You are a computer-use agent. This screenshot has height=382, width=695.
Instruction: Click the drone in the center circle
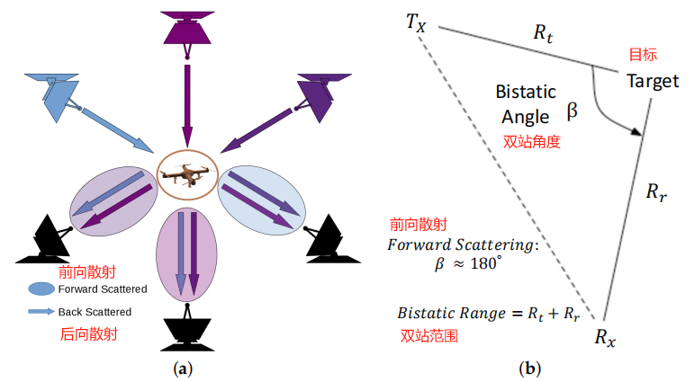click(187, 175)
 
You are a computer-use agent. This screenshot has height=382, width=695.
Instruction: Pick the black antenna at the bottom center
click(187, 328)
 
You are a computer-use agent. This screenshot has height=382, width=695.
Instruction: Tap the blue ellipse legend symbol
click(41, 289)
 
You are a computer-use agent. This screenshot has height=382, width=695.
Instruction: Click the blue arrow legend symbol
click(41, 312)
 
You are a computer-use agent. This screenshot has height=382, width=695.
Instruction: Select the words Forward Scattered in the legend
click(103, 289)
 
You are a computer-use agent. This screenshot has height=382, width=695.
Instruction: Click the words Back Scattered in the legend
click(95, 312)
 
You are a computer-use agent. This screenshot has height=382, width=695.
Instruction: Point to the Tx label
click(416, 22)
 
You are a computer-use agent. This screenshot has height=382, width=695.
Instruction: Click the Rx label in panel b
click(605, 337)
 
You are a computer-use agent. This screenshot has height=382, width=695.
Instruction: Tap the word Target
click(653, 81)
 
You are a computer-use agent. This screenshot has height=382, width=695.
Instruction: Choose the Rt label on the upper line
click(543, 33)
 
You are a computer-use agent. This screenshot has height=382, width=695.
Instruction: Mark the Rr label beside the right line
click(656, 191)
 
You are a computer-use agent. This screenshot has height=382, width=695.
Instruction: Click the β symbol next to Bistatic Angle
click(573, 111)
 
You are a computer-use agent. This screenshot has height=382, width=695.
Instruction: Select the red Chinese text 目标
click(643, 55)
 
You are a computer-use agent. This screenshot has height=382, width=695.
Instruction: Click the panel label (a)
click(183, 369)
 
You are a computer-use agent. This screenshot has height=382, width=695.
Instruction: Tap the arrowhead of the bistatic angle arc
click(637, 131)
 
